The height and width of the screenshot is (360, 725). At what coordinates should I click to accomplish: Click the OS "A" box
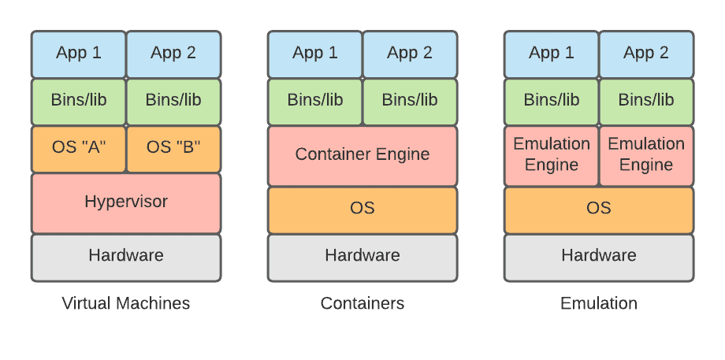click(x=79, y=148)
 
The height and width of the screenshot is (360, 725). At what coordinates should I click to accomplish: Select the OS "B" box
click(x=173, y=148)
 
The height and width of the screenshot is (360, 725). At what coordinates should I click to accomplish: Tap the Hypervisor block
click(x=126, y=202)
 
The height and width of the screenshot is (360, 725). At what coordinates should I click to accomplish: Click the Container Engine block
click(x=362, y=155)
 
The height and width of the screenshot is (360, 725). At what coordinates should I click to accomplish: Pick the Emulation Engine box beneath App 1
click(x=552, y=155)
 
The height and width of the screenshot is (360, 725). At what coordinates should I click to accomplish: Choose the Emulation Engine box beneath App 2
click(x=646, y=155)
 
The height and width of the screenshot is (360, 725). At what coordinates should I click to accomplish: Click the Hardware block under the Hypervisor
click(x=126, y=256)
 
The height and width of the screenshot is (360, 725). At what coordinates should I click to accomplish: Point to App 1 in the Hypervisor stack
click(x=79, y=54)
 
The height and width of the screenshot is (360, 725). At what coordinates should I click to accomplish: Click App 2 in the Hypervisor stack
click(x=173, y=54)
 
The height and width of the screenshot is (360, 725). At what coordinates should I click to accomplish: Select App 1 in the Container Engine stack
click(x=315, y=54)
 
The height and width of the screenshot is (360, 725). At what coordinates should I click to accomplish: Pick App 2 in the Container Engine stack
click(x=410, y=54)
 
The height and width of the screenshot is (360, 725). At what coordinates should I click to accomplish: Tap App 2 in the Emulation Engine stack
click(x=646, y=54)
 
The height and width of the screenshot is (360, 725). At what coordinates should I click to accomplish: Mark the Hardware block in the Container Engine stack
click(x=362, y=256)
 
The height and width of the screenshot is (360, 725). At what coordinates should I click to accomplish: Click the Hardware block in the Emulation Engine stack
click(x=599, y=256)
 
